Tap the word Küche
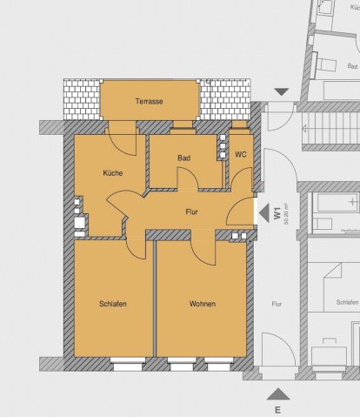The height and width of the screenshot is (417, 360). coord(112,172)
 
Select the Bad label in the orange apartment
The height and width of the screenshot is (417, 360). coord(183,158)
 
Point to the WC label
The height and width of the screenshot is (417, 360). coord(241,155)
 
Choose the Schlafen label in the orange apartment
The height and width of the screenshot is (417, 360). coord(113,303)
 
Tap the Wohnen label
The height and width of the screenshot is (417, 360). coord(201,303)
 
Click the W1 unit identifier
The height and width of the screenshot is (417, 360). coord(276,212)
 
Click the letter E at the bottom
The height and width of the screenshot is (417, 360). coord(277,408)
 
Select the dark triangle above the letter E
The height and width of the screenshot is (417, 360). coord(277,393)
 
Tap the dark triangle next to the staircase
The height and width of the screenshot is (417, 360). coord(281,91)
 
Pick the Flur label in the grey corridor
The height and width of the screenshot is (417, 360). coord(277,305)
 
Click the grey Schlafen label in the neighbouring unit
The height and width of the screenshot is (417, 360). coord(346,303)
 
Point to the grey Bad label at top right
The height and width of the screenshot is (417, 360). coord(352,65)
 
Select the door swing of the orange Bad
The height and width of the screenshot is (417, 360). coord(188,179)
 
